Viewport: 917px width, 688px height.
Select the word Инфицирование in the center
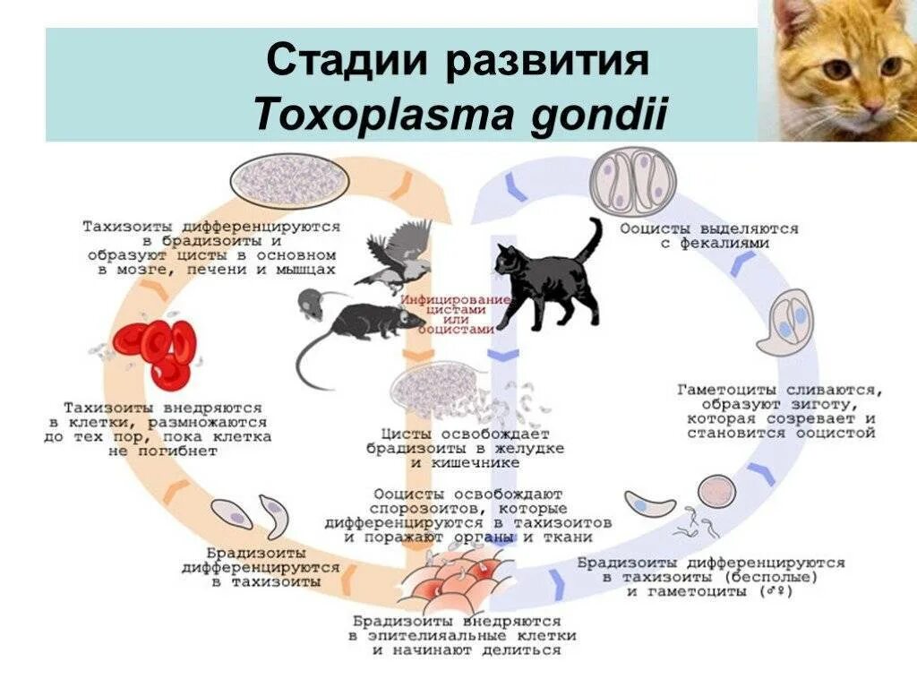[457, 298]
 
